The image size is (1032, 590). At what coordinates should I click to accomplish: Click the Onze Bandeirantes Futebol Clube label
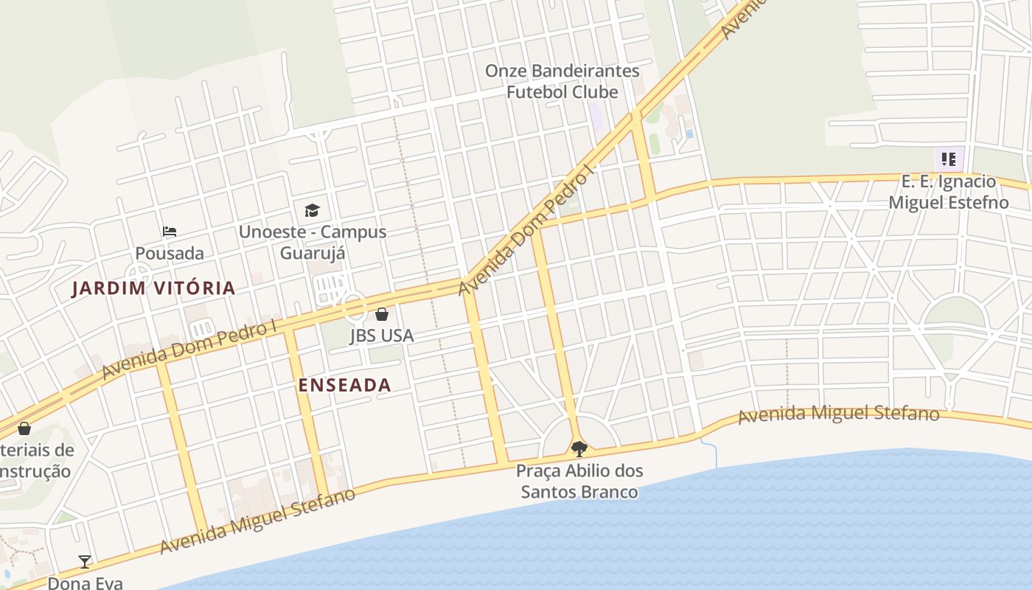[562, 81]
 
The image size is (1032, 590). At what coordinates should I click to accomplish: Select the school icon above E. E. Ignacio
[949, 159]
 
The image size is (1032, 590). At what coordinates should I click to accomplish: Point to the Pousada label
[170, 253]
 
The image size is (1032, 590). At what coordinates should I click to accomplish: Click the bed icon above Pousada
[170, 232]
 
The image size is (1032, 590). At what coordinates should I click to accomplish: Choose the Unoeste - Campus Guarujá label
[313, 242]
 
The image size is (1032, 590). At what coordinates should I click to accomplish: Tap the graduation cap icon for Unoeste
[313, 210]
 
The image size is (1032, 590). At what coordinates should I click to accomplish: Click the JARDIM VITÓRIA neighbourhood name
[153, 288]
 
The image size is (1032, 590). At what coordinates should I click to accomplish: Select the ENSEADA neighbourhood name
[344, 385]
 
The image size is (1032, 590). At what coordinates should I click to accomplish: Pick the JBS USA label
[382, 336]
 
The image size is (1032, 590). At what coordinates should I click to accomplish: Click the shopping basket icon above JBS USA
[382, 314]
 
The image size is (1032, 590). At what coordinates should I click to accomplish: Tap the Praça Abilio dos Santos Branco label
[579, 481]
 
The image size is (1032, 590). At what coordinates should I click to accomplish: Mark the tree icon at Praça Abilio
[579, 448]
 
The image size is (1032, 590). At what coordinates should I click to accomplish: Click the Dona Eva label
[86, 583]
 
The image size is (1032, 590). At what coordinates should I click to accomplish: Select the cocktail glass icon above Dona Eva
[85, 562]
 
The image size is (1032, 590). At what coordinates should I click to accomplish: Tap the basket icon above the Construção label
[24, 428]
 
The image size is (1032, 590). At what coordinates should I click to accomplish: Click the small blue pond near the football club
[689, 133]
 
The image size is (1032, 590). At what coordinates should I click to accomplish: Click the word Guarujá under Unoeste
[313, 253]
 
